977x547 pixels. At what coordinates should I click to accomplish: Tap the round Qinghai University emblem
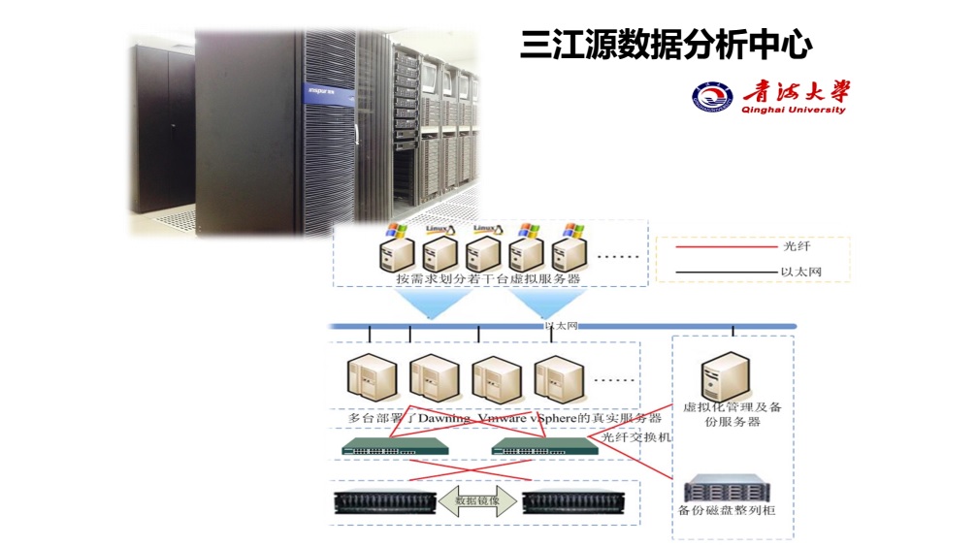(x=709, y=97)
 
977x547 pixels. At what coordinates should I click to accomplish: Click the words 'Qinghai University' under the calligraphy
(x=793, y=111)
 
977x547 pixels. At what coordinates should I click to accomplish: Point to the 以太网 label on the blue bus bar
(x=561, y=327)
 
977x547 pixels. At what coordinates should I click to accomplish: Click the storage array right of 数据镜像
(x=569, y=502)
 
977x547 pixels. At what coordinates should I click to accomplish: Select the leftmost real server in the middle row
(x=369, y=379)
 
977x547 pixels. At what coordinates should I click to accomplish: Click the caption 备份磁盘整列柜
(x=726, y=510)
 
